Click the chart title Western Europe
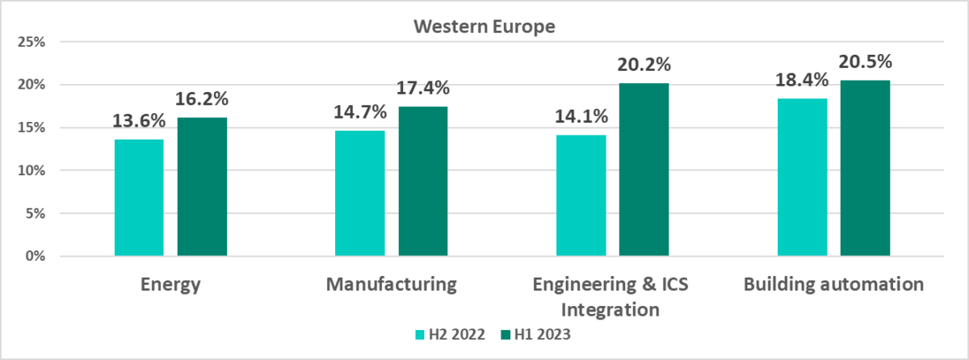pyautogui.click(x=484, y=27)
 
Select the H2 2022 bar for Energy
pyautogui.click(x=139, y=198)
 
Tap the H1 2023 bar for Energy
pyautogui.click(x=202, y=187)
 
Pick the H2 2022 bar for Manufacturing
pyautogui.click(x=359, y=194)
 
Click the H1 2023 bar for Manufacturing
pyautogui.click(x=422, y=182)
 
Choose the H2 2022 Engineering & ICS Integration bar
pyautogui.click(x=581, y=196)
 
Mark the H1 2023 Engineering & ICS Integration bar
pyautogui.click(x=644, y=170)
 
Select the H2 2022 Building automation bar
pyautogui.click(x=801, y=178)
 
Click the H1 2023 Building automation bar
pyautogui.click(x=865, y=169)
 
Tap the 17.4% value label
pyautogui.click(x=422, y=88)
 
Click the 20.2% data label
pyautogui.click(x=644, y=65)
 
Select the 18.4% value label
pyautogui.click(x=801, y=80)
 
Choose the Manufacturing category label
pyautogui.click(x=392, y=284)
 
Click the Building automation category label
pyautogui.click(x=833, y=284)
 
